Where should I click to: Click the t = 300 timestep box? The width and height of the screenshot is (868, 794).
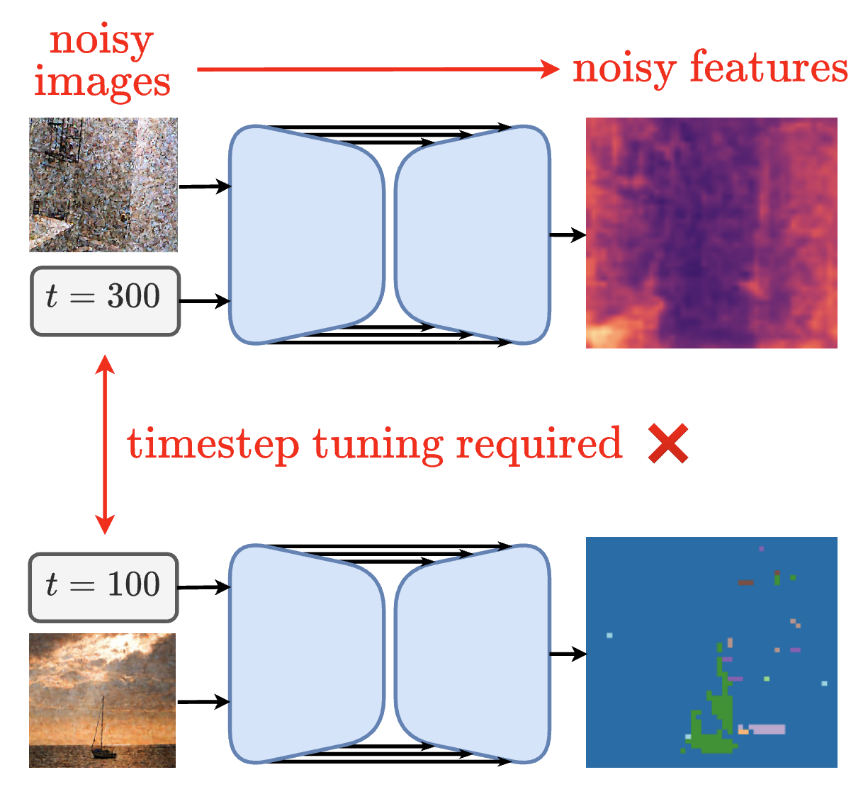[x=105, y=300]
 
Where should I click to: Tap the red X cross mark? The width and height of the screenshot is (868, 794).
[x=668, y=445]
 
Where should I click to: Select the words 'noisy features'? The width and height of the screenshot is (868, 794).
[x=710, y=69]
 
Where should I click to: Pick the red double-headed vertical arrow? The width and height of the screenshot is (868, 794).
[x=105, y=444]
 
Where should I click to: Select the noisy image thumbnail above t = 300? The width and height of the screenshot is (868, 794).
[x=103, y=185]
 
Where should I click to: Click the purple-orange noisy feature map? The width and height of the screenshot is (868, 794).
[x=711, y=233]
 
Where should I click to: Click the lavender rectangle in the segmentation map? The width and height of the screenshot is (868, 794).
[x=767, y=729]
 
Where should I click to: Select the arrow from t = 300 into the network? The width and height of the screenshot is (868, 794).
[x=205, y=302]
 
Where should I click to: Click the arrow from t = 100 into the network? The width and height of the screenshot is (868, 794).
[x=204, y=587]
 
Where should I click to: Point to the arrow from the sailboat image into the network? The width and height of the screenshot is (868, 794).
[x=204, y=702]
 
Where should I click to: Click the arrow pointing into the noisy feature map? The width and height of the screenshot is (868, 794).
[x=568, y=234]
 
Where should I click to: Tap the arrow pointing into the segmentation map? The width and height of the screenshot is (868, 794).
[x=568, y=654]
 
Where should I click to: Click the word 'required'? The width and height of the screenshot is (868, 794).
[x=539, y=445]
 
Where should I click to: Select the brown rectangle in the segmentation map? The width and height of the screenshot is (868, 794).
[x=745, y=583]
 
